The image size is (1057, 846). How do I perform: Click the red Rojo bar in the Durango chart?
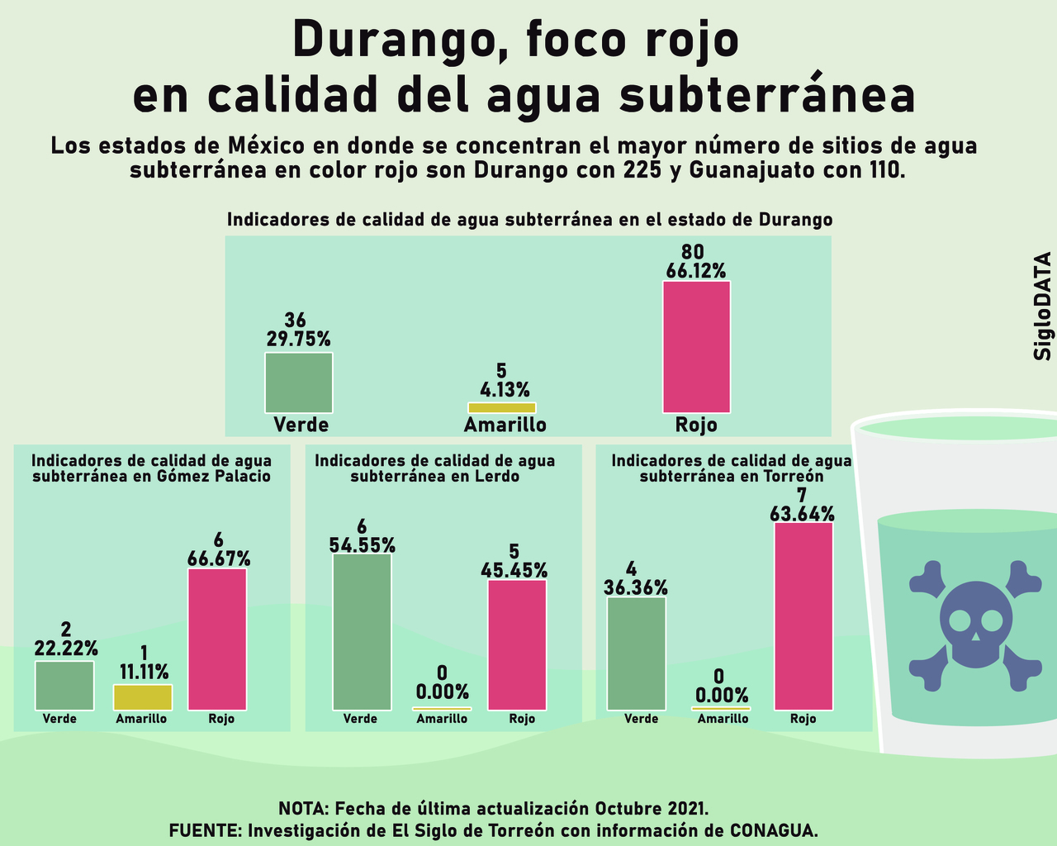(x=696, y=346)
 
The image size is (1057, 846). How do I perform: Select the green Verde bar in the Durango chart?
(x=298, y=383)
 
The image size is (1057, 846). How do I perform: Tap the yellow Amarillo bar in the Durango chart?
(x=501, y=407)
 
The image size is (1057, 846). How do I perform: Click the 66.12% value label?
(x=696, y=271)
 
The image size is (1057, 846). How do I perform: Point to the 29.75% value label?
(x=298, y=339)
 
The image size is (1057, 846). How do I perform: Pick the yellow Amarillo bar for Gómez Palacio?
(x=142, y=697)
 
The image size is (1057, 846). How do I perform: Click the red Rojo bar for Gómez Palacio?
(x=217, y=639)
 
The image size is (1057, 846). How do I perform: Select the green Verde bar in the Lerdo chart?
(x=362, y=631)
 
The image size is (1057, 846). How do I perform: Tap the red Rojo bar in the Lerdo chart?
(x=517, y=644)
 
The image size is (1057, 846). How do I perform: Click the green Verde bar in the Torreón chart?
(x=636, y=653)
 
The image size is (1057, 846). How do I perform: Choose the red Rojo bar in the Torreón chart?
(x=803, y=615)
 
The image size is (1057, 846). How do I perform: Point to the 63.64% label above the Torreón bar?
(x=802, y=514)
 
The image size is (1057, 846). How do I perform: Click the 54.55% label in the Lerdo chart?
(x=362, y=545)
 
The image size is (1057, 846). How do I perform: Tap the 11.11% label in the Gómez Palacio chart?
(x=144, y=671)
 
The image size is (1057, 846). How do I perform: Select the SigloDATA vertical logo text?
(x=1043, y=306)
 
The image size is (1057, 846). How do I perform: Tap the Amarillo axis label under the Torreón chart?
(x=723, y=719)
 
